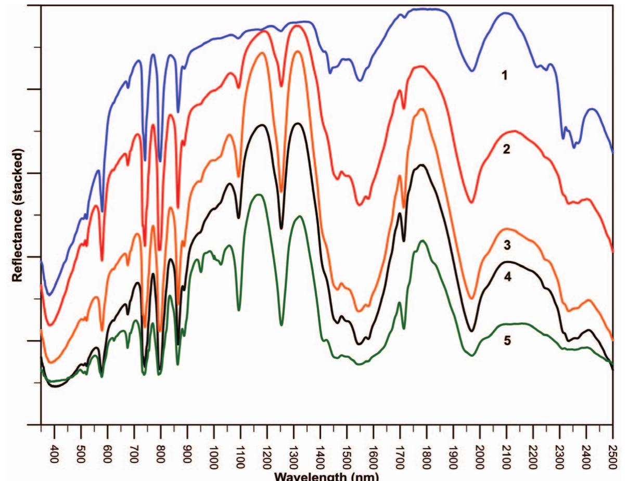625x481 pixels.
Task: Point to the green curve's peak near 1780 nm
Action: coord(422,241)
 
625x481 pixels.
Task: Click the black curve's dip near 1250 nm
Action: coord(282,228)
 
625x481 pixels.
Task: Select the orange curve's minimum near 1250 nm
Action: coord(282,192)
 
